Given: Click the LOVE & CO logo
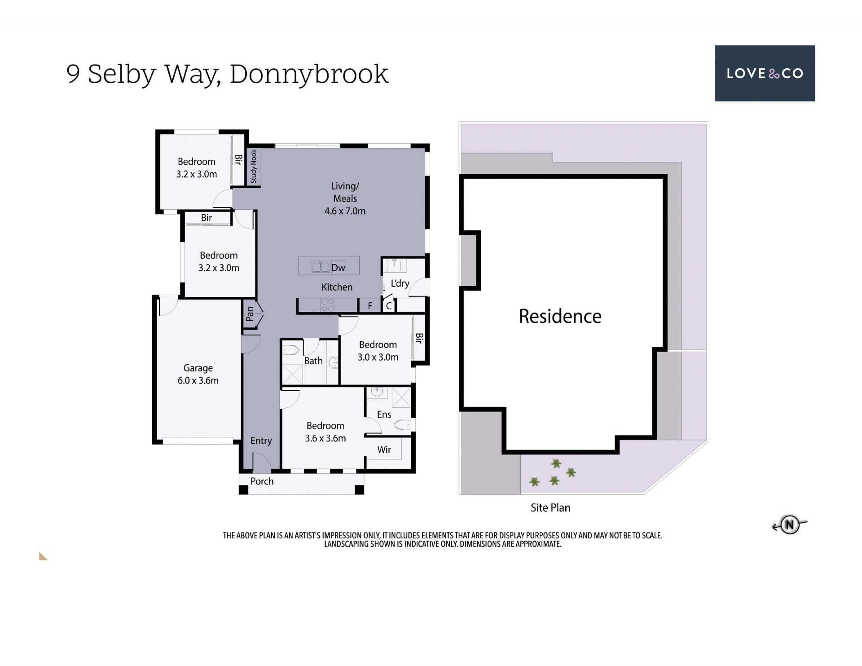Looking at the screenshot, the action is pyautogui.click(x=765, y=73).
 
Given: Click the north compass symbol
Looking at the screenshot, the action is pyautogui.click(x=790, y=525).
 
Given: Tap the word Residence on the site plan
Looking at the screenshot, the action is pyautogui.click(x=560, y=316).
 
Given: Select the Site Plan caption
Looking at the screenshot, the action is pyautogui.click(x=550, y=507).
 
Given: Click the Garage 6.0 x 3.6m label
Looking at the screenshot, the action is pyautogui.click(x=198, y=374).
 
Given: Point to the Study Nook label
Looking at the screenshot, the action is pyautogui.click(x=254, y=166).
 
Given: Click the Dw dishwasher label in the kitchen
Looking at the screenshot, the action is pyautogui.click(x=338, y=268).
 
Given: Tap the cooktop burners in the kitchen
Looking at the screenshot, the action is pyautogui.click(x=328, y=305).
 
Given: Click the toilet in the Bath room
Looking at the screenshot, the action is pyautogui.click(x=290, y=350).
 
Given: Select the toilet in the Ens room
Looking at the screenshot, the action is pyautogui.click(x=402, y=424).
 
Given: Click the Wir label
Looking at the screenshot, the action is pyautogui.click(x=384, y=450).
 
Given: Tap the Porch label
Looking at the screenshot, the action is pyautogui.click(x=262, y=481).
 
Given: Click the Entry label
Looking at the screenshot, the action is pyautogui.click(x=261, y=441).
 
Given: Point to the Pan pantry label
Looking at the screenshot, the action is pyautogui.click(x=250, y=314).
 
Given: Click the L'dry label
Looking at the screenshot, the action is pyautogui.click(x=400, y=283).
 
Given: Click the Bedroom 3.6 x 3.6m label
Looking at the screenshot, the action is pyautogui.click(x=325, y=432).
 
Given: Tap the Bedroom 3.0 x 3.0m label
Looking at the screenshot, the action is pyautogui.click(x=378, y=351).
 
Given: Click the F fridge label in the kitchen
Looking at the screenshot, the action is pyautogui.click(x=370, y=306).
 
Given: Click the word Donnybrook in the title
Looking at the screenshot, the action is pyautogui.click(x=309, y=74).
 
